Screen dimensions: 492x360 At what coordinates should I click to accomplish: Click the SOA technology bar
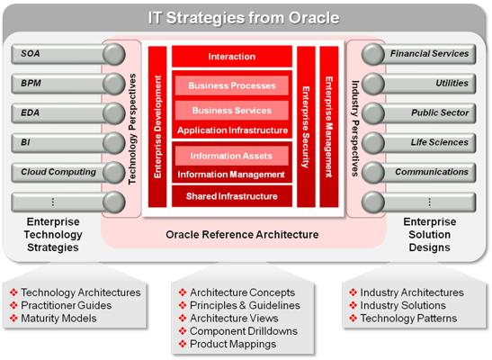pos(58,54)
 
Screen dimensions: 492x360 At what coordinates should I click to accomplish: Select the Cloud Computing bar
pos(58,172)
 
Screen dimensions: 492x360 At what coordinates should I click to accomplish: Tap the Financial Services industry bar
pos(429,54)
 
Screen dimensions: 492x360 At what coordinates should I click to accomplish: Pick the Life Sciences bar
pos(429,143)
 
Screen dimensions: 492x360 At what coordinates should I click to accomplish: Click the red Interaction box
pos(232,57)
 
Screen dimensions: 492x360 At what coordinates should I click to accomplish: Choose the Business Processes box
pos(232,85)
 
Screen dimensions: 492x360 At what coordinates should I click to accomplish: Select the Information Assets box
pos(232,156)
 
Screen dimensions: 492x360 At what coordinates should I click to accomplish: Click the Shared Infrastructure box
pos(232,196)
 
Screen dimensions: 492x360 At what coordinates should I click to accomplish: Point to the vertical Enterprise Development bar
pos(157,127)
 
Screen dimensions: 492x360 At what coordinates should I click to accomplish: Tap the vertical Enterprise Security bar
pos(306,127)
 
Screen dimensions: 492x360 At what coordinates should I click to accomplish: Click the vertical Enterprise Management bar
pos(329,127)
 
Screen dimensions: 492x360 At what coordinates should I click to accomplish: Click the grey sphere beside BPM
pos(114,84)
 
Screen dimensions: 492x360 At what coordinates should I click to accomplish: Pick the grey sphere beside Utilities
pos(373,84)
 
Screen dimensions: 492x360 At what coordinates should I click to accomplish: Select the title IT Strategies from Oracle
pos(244,18)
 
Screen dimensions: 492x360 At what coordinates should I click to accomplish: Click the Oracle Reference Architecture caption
pos(242,235)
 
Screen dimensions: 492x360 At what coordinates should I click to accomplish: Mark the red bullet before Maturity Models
pos(13,318)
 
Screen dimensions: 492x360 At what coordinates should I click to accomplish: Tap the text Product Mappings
pos(233,344)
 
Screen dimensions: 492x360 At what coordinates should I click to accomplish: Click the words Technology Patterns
pos(408,319)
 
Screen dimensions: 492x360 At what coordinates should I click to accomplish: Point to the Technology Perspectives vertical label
pos(133,129)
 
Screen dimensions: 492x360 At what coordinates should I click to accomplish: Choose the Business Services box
pos(232,110)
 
